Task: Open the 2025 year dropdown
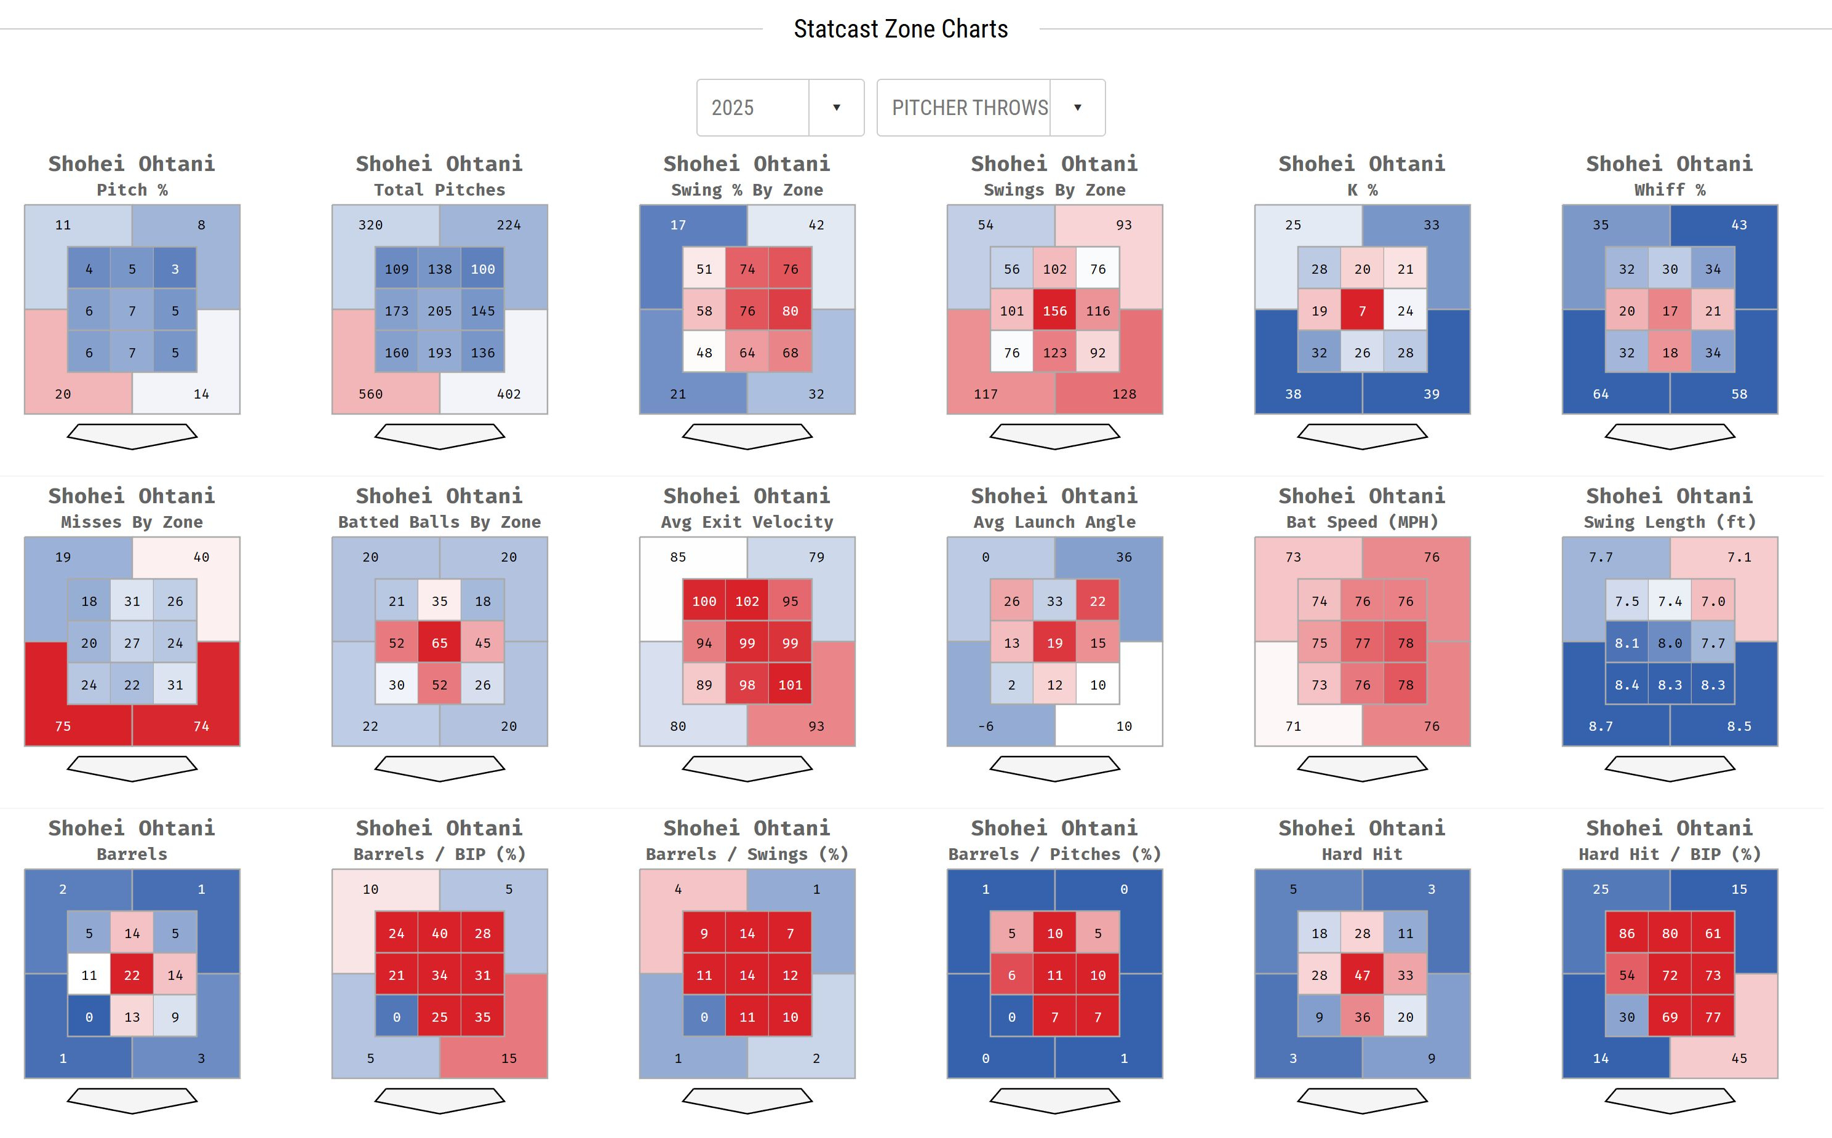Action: click(780, 108)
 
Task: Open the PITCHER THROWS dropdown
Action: click(990, 108)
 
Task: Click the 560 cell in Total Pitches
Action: click(370, 394)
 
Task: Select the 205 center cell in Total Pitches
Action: click(440, 311)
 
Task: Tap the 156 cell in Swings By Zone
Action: click(1054, 311)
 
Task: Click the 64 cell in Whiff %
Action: click(1600, 394)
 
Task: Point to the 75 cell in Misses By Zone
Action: click(63, 725)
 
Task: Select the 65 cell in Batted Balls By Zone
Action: click(440, 643)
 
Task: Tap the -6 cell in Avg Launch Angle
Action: click(986, 725)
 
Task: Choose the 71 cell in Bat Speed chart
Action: click(1293, 725)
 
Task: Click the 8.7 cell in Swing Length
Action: click(1600, 725)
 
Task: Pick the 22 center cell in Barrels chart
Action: click(132, 974)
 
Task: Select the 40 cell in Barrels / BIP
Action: click(440, 933)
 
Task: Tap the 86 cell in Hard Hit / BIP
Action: click(1627, 933)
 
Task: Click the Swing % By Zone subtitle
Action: click(747, 189)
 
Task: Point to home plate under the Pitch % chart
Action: click(132, 436)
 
